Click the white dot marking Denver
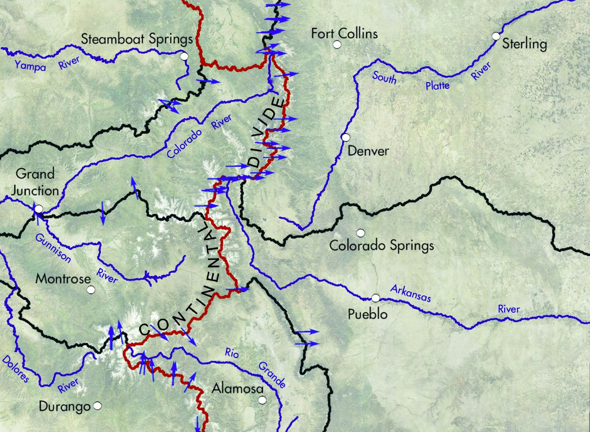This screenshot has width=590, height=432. (x=345, y=137)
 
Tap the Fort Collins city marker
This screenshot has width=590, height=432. (x=337, y=45)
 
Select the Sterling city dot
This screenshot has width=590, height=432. (x=496, y=36)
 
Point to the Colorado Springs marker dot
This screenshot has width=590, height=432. (x=360, y=233)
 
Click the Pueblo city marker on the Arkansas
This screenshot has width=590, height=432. (x=375, y=298)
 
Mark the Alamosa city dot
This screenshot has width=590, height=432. (x=262, y=400)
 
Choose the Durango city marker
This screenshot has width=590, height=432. (x=97, y=406)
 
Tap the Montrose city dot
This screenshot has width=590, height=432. (x=91, y=290)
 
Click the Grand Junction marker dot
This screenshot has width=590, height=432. (x=38, y=209)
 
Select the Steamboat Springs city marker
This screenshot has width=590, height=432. (x=184, y=57)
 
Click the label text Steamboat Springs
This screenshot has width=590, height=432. (x=137, y=39)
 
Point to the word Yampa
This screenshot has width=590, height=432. (x=30, y=66)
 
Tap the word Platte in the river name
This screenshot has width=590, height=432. (x=438, y=85)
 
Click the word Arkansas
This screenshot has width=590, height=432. (x=411, y=293)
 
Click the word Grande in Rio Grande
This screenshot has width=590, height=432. (x=272, y=375)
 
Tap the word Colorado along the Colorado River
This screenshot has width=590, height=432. (x=184, y=143)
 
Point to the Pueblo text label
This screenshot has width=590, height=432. (x=368, y=314)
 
